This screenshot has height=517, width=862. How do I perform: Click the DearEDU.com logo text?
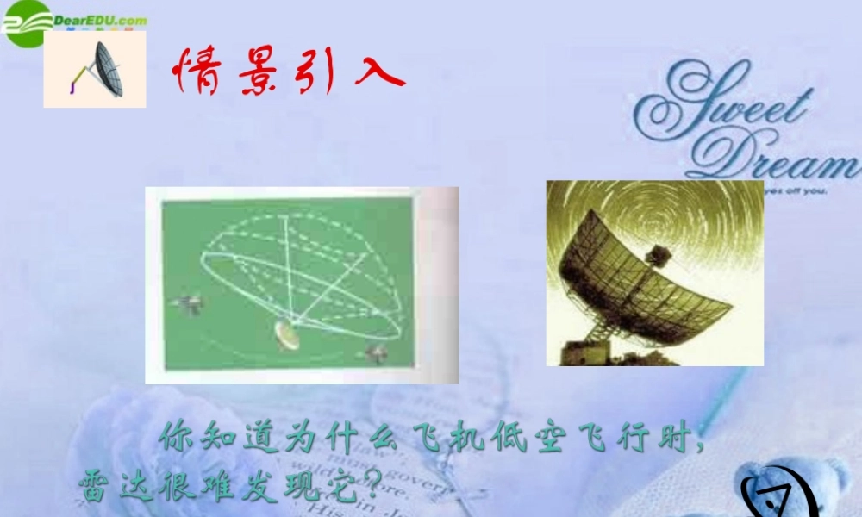pyautogui.click(x=99, y=20)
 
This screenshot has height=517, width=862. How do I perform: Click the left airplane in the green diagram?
pyautogui.click(x=189, y=302)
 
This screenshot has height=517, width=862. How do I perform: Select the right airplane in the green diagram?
pyautogui.click(x=376, y=351)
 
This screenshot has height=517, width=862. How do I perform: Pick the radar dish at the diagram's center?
pyautogui.click(x=287, y=333)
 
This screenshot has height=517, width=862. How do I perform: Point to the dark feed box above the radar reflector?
pyautogui.click(x=659, y=254)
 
